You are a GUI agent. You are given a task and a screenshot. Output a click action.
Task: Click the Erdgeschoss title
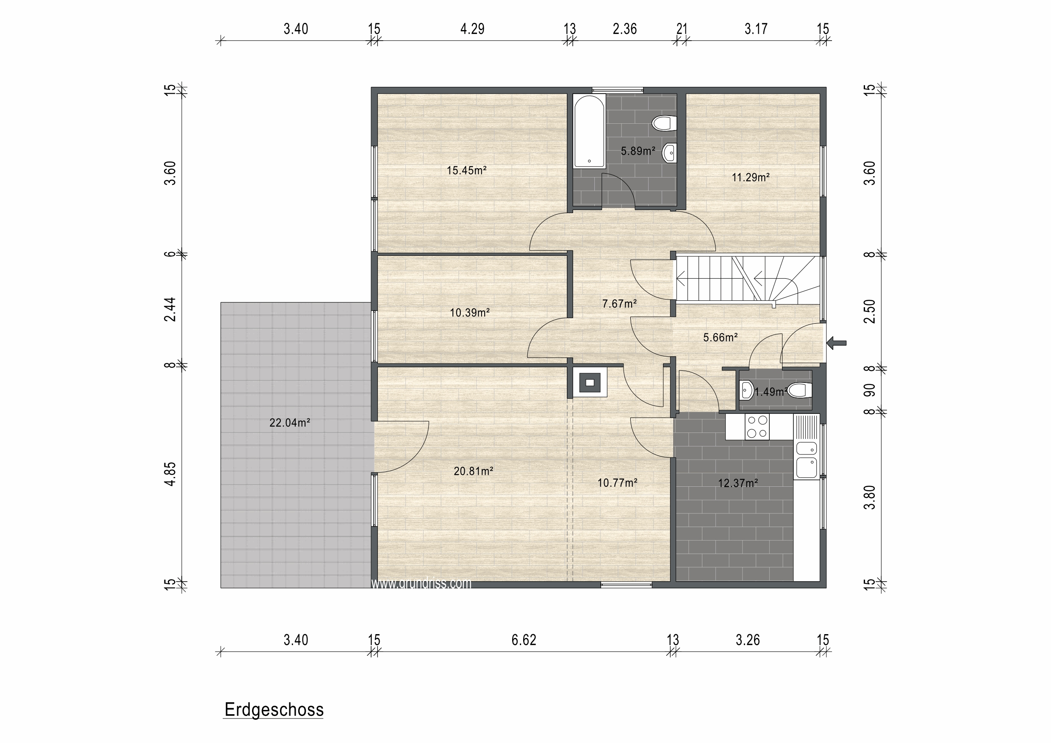[274, 710]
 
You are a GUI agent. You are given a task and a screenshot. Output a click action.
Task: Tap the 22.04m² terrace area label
[289, 422]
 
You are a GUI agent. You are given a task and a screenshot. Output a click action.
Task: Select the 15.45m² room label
[466, 170]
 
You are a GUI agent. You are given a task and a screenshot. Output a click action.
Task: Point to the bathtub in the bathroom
[590, 131]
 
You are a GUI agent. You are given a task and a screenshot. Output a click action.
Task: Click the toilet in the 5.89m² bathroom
[664, 123]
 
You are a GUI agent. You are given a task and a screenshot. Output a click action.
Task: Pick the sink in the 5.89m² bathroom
[669, 152]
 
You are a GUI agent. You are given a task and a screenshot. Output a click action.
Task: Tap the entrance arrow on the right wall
[836, 342]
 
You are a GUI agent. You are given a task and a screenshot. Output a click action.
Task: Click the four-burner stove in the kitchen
[757, 427]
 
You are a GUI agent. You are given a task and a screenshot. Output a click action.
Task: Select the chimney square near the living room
[590, 382]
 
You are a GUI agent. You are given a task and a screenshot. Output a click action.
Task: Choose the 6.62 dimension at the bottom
[524, 640]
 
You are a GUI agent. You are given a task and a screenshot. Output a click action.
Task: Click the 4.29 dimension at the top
[472, 29]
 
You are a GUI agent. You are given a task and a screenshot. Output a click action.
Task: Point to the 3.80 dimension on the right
[869, 498]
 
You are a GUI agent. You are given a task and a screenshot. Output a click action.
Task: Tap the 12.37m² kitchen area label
[738, 483]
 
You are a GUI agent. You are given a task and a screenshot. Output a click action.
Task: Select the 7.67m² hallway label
[619, 304]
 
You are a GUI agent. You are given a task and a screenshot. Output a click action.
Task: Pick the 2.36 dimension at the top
[624, 29]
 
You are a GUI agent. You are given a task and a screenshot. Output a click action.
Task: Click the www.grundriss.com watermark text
[421, 583]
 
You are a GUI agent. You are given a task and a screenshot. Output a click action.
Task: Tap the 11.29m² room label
[750, 177]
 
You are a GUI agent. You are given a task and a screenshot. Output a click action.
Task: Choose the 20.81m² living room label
[473, 471]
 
